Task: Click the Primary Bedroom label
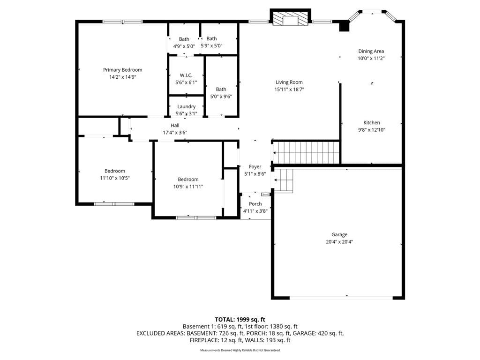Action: coord(122,70)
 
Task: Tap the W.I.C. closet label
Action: coord(186,75)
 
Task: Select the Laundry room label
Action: coord(186,106)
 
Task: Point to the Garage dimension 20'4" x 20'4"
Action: coord(339,242)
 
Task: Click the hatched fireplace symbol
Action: coord(290,19)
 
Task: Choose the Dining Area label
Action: coord(371,51)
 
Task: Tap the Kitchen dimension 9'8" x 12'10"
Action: coord(372,130)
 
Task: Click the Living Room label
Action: coord(289,82)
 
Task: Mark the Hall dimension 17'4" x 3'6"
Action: coord(175,133)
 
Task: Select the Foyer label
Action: coord(255,166)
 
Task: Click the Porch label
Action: coord(255,204)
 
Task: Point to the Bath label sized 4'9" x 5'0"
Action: coord(184,39)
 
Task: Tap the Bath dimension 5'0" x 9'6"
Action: coord(221,97)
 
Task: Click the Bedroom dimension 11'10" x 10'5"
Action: coord(115,178)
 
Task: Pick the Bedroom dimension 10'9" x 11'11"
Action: coord(188,187)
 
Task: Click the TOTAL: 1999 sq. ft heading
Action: coord(240,320)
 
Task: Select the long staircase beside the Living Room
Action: coord(306,153)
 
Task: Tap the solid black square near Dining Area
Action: coord(344,26)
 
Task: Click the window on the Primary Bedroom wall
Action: coord(122,22)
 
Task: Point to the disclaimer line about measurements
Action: coord(240,350)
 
